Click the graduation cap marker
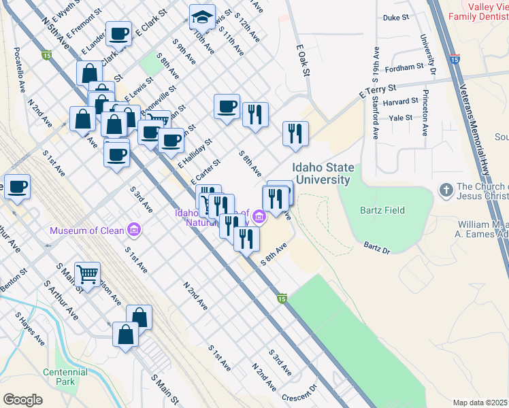tap(202, 17)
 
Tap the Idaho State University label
tap(321, 173)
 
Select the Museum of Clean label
tap(87, 231)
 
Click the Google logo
tap(22, 400)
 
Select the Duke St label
tap(395, 18)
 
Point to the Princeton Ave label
tap(425, 112)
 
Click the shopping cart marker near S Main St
tap(88, 274)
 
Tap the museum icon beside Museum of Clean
tap(134, 231)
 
